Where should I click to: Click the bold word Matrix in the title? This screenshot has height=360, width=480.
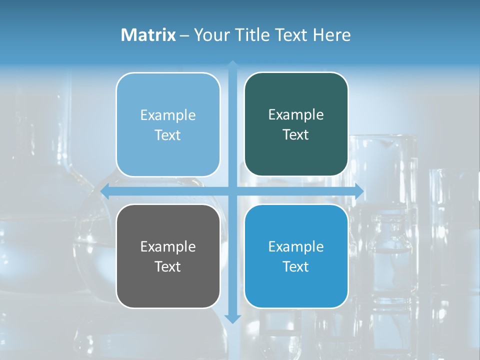coord(148,35)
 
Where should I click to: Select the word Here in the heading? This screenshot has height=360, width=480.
coord(331,35)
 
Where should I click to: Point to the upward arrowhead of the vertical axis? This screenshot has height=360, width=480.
coord(232,64)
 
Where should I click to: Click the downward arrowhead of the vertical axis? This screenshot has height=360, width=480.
coord(232,318)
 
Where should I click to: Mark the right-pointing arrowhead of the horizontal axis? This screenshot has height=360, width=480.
coord(358,191)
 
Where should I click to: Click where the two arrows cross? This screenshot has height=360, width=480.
coord(232,191)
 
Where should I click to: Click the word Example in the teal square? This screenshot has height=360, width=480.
coord(296,115)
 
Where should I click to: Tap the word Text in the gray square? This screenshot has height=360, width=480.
coord(168,266)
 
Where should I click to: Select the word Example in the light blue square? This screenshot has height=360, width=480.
coord(168,115)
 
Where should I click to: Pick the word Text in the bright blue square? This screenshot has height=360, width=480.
coord(296,266)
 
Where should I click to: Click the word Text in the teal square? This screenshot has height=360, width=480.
coord(296,135)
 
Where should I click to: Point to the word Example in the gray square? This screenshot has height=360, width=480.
coord(168,246)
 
